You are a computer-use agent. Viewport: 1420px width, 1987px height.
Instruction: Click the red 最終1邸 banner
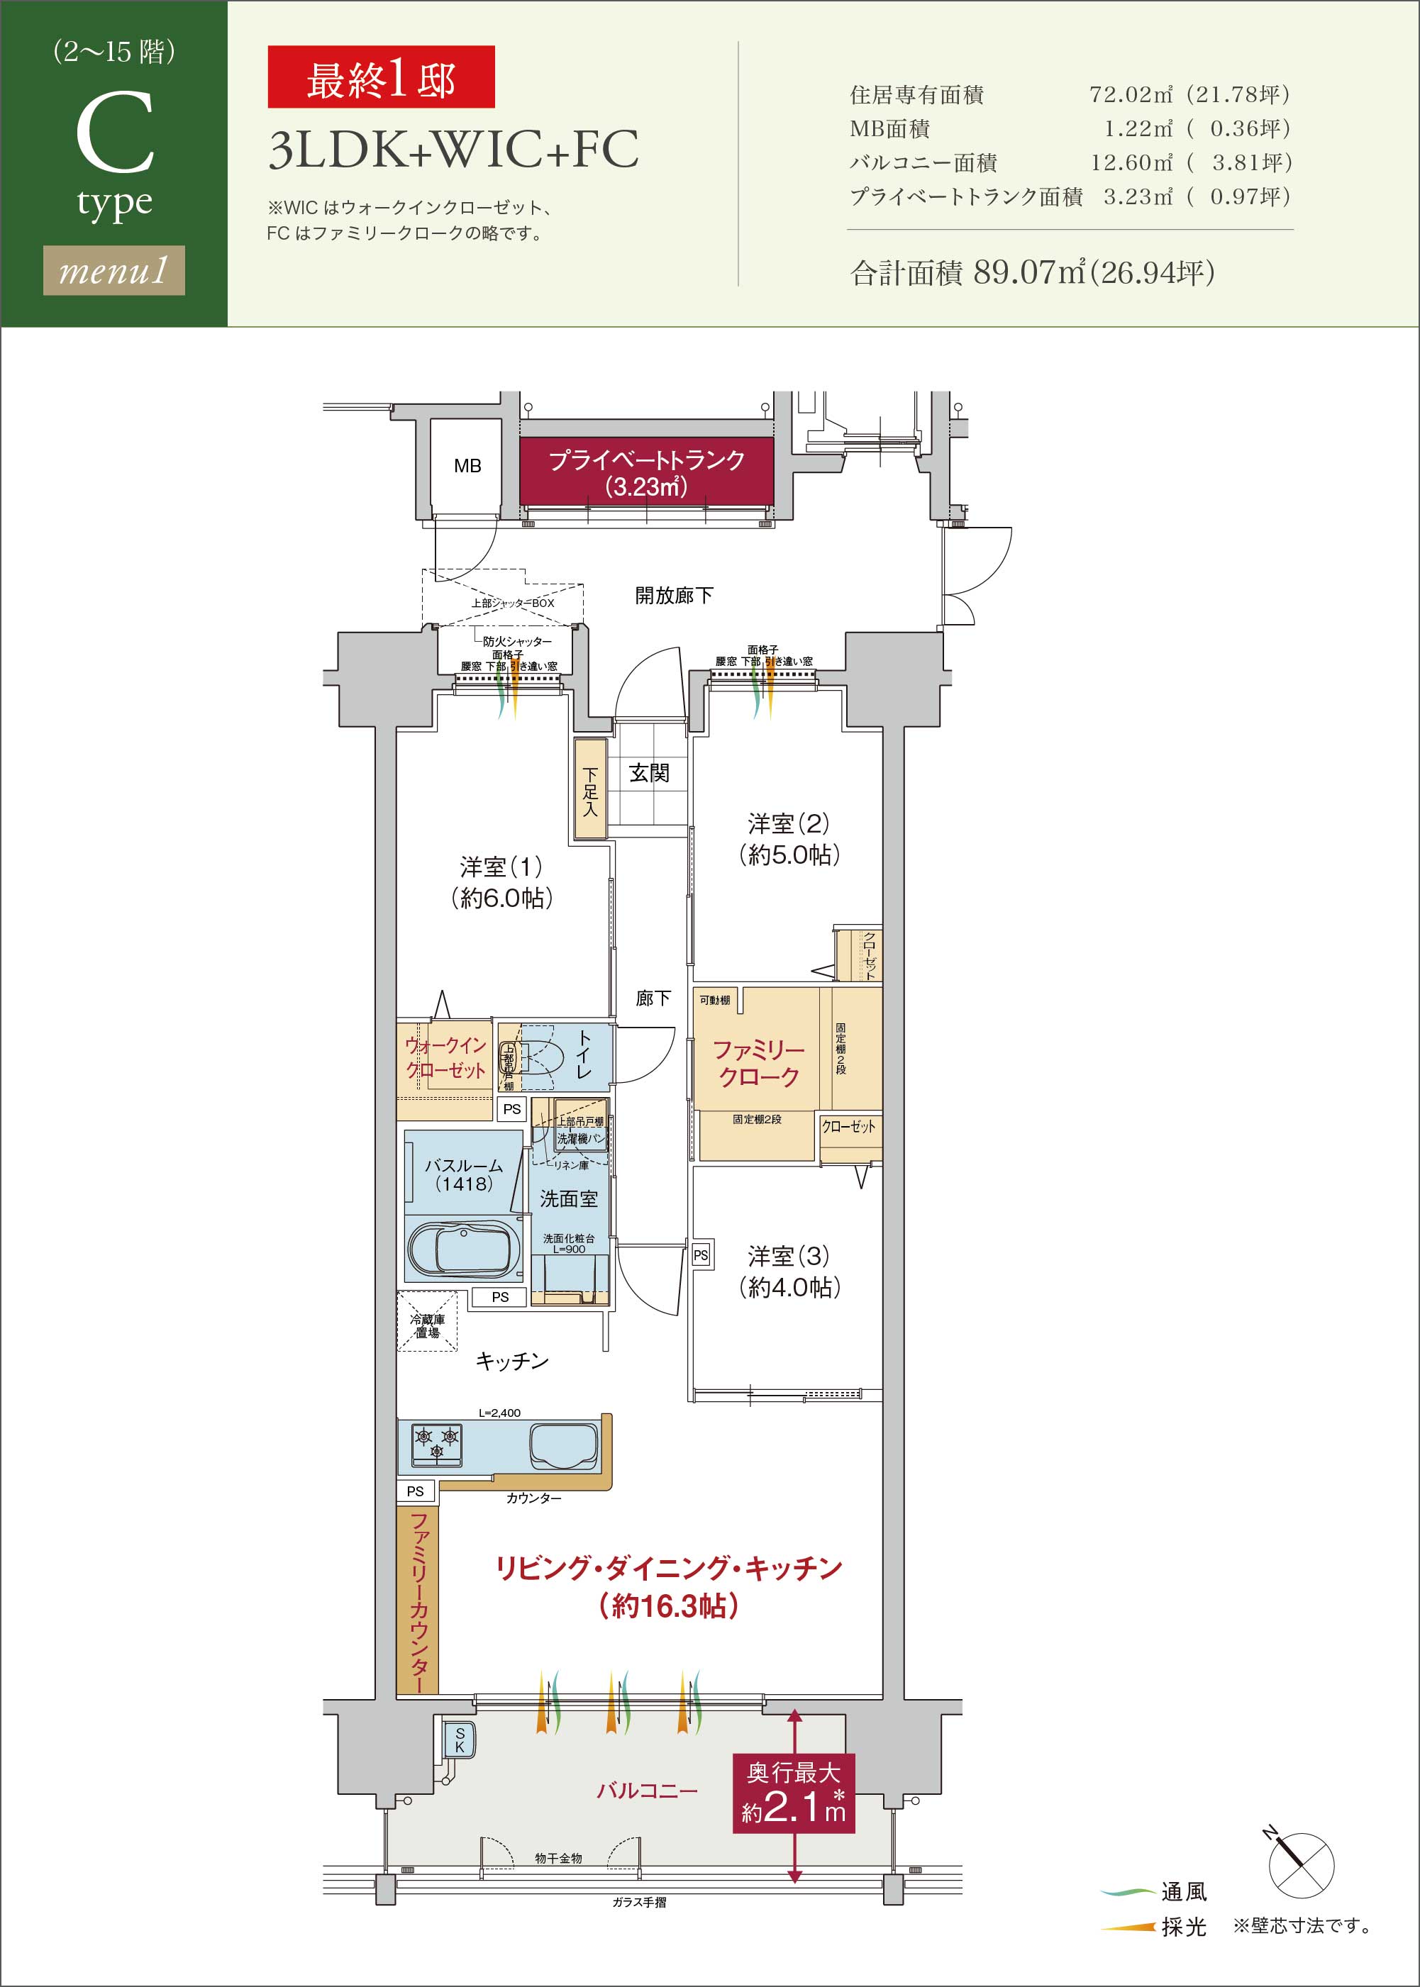380,78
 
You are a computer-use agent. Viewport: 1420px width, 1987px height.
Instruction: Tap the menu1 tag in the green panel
113,270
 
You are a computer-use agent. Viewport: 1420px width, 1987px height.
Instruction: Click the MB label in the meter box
467,466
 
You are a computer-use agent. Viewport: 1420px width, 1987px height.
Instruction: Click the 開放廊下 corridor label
673,595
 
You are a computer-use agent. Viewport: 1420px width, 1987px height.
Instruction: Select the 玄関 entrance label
649,773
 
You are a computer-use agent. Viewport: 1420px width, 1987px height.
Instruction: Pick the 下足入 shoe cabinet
590,790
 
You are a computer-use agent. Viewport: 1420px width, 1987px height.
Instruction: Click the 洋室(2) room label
788,823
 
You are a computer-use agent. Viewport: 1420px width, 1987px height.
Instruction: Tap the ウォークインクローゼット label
445,1058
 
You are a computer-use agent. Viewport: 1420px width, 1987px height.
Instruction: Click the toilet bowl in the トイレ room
542,1058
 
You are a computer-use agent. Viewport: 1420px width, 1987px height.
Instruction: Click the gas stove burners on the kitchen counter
436,1442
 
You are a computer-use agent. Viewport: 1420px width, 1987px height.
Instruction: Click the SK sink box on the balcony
460,1740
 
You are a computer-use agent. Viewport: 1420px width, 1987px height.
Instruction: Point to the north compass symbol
1299,1864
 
